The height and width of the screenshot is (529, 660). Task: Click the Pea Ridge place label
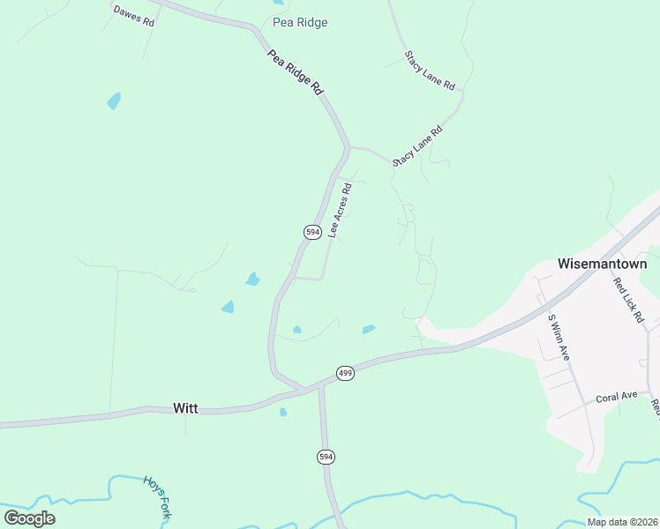click(301, 22)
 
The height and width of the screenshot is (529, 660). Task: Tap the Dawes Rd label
click(133, 14)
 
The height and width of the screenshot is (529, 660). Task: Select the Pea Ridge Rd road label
click(296, 72)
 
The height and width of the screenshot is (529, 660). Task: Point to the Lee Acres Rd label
click(340, 211)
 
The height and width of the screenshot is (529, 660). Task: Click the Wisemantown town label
click(603, 264)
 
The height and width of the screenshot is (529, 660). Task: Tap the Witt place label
click(185, 408)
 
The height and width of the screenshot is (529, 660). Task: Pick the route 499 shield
click(345, 374)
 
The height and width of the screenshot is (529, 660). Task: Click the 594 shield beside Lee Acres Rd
click(312, 232)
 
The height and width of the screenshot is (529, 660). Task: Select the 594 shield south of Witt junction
click(326, 456)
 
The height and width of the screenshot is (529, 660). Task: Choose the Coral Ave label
click(616, 397)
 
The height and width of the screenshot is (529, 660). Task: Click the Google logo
click(30, 518)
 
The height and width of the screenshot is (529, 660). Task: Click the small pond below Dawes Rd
click(114, 101)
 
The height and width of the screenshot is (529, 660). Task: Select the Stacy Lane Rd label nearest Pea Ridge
click(430, 71)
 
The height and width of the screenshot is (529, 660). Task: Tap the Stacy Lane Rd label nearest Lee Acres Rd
click(416, 146)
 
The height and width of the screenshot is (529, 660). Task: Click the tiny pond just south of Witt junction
click(282, 412)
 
